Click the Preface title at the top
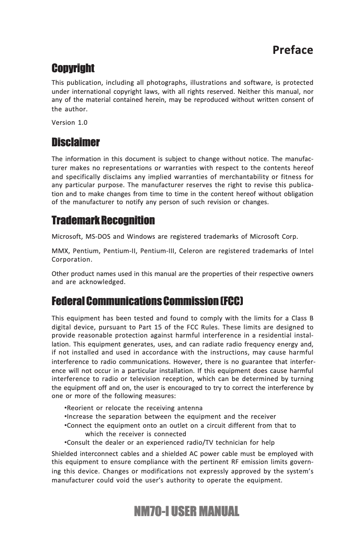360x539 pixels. tap(293, 50)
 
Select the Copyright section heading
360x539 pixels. tap(73, 69)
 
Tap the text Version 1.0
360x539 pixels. tap(70, 123)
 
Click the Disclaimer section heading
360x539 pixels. tap(75, 143)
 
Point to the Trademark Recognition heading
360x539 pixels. tap(103, 221)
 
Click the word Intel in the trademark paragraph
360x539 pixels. tap(306, 250)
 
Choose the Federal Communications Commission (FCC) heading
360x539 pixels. tap(148, 300)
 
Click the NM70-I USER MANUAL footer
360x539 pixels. tap(180, 511)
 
